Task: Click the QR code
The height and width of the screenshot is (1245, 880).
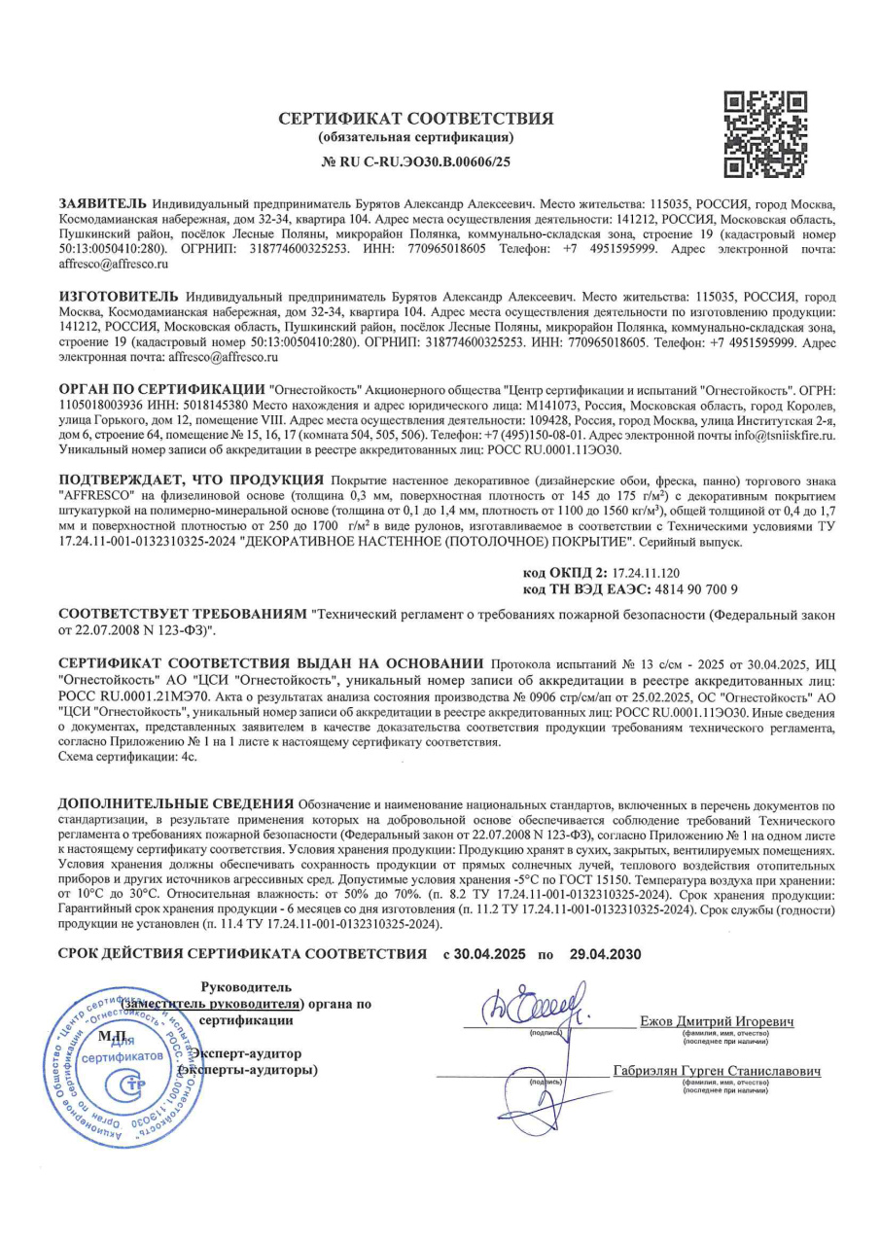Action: click(x=766, y=134)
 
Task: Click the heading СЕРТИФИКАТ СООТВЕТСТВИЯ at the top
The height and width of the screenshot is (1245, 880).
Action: click(x=416, y=119)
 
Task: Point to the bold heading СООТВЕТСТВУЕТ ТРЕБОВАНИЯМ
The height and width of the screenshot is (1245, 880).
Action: click(x=183, y=616)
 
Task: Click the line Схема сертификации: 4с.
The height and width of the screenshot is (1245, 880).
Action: click(x=127, y=756)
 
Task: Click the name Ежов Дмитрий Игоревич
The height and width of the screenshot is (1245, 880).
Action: click(x=718, y=1022)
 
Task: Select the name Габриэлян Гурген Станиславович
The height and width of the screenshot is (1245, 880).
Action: click(x=718, y=1072)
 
